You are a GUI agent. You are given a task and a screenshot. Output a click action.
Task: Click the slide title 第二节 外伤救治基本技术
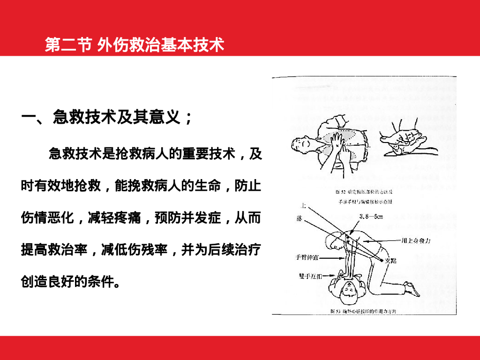click(x=135, y=45)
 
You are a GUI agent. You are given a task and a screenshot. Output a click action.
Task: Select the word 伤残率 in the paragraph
click(x=148, y=250)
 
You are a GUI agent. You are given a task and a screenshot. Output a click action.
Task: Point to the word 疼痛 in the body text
click(x=127, y=218)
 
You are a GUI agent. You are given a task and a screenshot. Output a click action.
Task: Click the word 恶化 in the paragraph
click(x=61, y=218)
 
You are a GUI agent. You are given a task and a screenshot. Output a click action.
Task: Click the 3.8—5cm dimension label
click(x=371, y=217)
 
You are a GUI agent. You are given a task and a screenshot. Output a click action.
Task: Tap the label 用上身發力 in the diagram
click(x=416, y=240)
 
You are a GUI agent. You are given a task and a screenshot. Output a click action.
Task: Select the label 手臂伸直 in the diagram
click(x=308, y=258)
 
